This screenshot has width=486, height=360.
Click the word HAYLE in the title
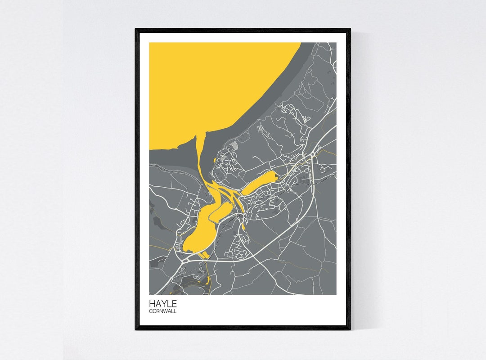(x=163, y=304)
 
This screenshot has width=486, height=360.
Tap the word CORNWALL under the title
(x=163, y=311)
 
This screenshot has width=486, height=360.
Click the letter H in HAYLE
(x=152, y=304)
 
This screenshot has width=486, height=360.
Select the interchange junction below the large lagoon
(x=185, y=260)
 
